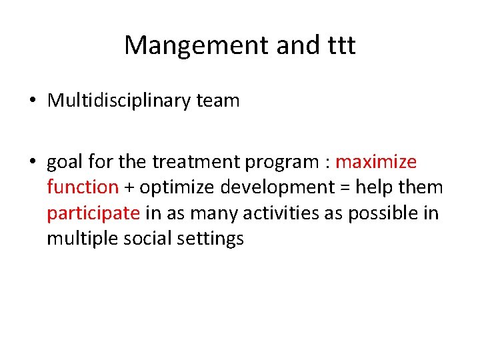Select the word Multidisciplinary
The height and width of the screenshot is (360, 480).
121,101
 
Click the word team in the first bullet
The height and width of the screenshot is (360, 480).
219,101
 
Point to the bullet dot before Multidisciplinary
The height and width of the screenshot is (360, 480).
33,101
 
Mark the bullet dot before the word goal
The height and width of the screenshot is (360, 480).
33,163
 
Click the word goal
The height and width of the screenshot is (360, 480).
65,163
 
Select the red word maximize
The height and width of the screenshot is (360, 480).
376,162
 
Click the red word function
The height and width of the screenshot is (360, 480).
82,187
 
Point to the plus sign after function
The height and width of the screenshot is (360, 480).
129,188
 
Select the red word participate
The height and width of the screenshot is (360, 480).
93,213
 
